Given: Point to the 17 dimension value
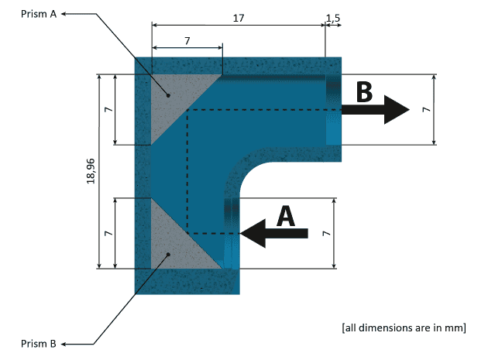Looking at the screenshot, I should click(x=239, y=16).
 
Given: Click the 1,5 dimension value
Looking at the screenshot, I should click(x=332, y=16).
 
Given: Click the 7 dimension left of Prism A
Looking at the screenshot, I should click(x=108, y=110).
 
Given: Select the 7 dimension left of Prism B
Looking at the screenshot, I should click(x=108, y=233).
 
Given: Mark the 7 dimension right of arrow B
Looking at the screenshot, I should click(x=425, y=110).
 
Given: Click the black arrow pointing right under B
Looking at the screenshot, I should click(x=375, y=111).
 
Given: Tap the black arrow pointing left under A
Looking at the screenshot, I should click(x=275, y=232).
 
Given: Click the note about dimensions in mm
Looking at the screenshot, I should click(x=403, y=327).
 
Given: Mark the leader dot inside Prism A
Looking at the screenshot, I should click(x=167, y=95).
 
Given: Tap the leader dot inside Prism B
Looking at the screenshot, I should click(x=167, y=252).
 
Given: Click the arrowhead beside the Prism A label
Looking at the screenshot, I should click(x=64, y=14).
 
